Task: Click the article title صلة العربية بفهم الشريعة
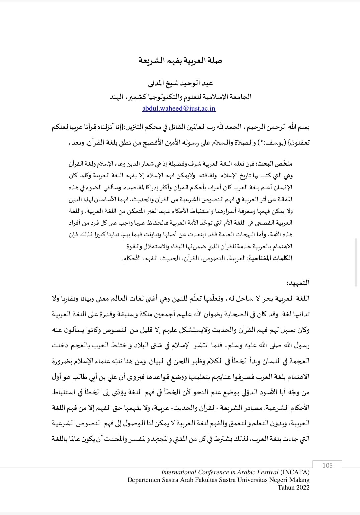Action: tap(180, 61)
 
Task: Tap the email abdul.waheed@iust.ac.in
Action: tap(179, 108)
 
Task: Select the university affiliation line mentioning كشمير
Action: tap(181, 97)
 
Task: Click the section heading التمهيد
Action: tap(299, 283)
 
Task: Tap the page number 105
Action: tap(328, 465)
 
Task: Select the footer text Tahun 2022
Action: tap(293, 487)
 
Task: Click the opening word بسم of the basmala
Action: tap(304, 128)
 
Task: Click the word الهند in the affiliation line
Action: tap(117, 97)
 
